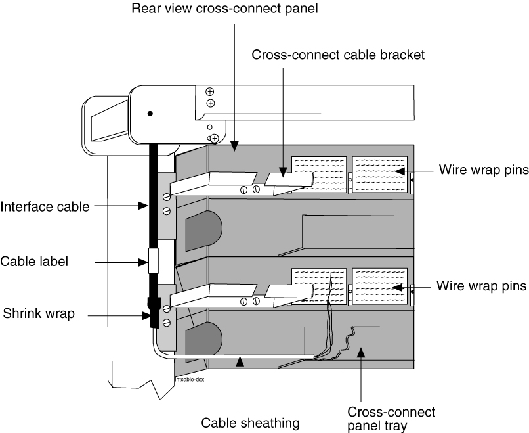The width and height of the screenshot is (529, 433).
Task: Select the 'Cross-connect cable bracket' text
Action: pos(338,55)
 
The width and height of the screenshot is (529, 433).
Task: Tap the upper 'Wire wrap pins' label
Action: pos(483,170)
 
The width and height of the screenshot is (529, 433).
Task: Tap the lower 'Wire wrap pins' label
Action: pos(481,286)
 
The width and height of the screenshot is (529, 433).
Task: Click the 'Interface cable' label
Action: pos(45,207)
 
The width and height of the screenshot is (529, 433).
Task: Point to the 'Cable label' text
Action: pos(34,261)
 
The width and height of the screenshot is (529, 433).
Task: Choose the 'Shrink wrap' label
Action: pos(37,314)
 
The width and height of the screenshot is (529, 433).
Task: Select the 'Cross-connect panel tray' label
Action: pos(391,418)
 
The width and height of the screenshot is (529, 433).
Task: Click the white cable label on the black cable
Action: pos(156,261)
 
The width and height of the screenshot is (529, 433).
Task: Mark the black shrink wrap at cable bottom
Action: pos(155,313)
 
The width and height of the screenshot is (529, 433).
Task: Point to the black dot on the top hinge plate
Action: pos(150,114)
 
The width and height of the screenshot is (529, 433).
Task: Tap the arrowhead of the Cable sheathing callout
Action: pos(241,359)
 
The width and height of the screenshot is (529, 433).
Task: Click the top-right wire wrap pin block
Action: pos(380,174)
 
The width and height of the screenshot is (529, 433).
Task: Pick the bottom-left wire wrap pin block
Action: pos(318,286)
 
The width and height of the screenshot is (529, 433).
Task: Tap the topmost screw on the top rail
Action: pos(211,92)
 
